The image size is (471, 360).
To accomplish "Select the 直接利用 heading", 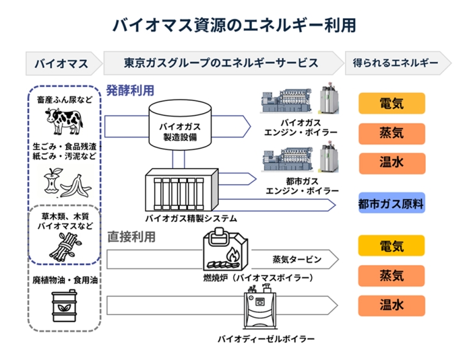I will tap(130, 236).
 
